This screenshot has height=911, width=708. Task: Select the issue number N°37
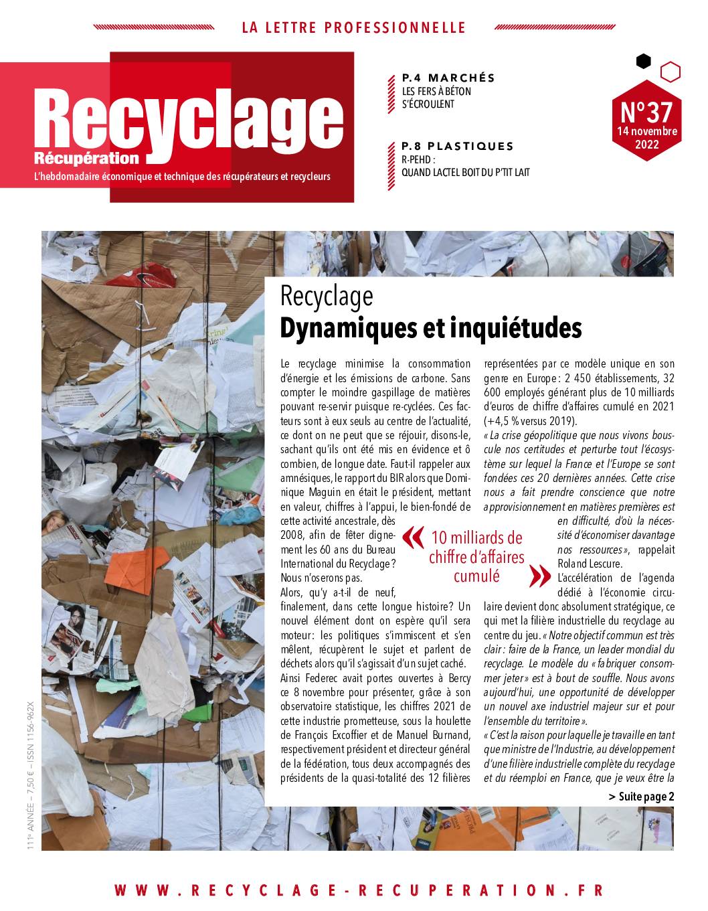click(x=646, y=110)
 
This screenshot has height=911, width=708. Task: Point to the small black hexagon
click(x=643, y=62)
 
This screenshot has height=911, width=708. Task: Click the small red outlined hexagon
click(x=670, y=72)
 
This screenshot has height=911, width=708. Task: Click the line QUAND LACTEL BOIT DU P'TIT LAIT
click(x=465, y=172)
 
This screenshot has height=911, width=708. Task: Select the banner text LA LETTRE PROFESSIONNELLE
click(x=353, y=27)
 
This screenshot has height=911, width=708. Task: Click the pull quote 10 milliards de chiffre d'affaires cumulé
click(x=476, y=557)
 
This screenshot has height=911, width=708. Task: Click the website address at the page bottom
click(x=359, y=890)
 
